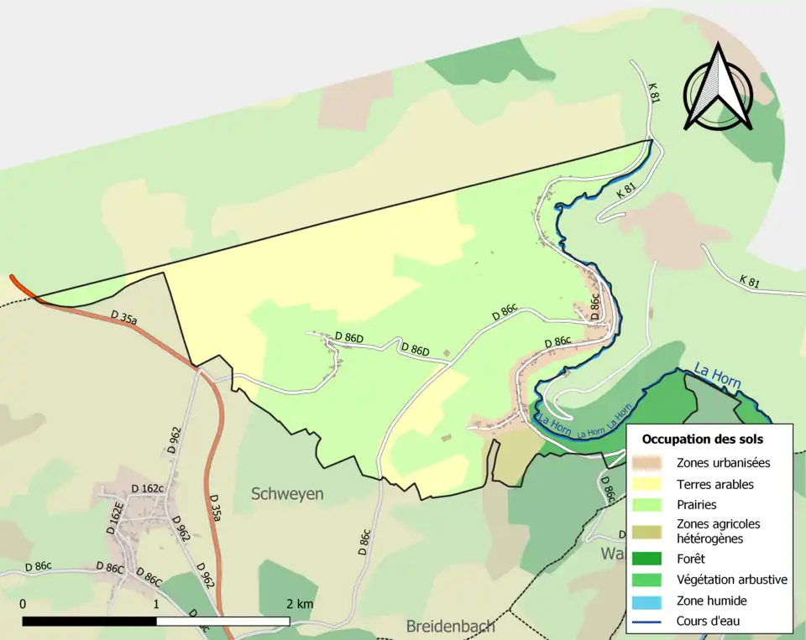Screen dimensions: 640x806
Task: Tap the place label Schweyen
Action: click(287, 494)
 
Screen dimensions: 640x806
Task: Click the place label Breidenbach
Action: click(450, 627)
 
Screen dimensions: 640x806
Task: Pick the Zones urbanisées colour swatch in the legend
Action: click(651, 462)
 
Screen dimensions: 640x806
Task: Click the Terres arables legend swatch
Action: click(651, 484)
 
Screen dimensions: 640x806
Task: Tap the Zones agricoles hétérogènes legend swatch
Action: click(651, 530)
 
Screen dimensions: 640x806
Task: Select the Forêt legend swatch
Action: click(651, 558)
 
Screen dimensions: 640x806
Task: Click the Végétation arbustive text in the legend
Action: click(731, 579)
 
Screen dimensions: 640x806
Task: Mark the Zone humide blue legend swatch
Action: click(651, 601)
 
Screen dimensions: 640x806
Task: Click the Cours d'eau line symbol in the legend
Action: click(651, 622)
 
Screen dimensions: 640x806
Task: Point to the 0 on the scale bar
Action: click(23, 604)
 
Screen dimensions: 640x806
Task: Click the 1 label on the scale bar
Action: click(157, 604)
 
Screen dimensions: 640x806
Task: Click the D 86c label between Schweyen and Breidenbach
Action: click(364, 545)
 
